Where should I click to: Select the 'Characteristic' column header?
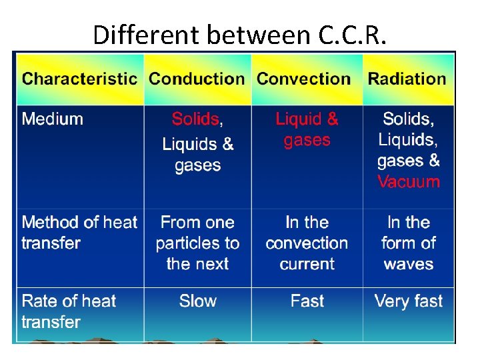point(79,79)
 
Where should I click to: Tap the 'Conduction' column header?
point(197,79)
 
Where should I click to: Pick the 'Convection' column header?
point(304,79)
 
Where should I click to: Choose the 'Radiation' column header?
point(407,79)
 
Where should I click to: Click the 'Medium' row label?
point(53,119)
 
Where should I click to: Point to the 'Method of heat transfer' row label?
point(79,232)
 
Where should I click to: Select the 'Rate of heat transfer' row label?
point(69,311)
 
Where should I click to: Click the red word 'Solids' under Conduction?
point(195,119)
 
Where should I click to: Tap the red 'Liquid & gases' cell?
point(307,129)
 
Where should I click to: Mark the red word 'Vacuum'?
point(409,182)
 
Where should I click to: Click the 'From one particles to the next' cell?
point(197,243)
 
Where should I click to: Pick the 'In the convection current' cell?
point(307,243)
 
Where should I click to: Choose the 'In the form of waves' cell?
point(409,243)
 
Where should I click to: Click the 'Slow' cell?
point(198,301)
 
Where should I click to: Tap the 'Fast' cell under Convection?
point(307,301)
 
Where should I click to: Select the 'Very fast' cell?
point(409,301)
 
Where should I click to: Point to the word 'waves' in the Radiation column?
point(409,264)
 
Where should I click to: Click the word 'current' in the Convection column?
point(307,264)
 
